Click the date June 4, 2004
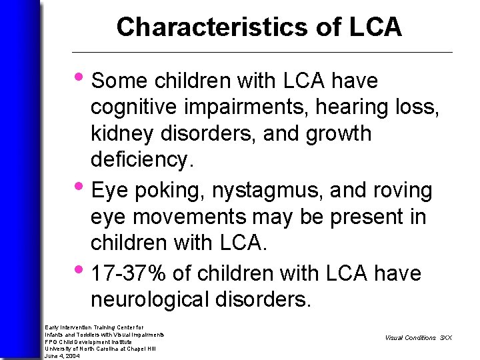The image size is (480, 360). (61, 356)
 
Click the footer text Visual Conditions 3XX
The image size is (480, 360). (418, 337)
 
